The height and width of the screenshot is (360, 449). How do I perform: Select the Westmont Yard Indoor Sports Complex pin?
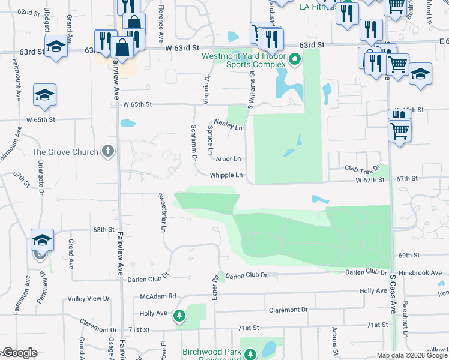294,59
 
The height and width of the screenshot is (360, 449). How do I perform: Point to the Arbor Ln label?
228,159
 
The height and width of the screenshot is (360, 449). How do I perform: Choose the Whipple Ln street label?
226,175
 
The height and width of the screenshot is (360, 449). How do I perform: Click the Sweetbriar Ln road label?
161,208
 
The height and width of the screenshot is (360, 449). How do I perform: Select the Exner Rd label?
214,287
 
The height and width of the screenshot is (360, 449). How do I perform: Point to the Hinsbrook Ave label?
420,272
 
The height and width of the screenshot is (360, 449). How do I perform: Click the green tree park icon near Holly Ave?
179,315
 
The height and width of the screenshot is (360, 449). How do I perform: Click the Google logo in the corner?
19,353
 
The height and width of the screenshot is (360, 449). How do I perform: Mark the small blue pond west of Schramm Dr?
127,124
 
